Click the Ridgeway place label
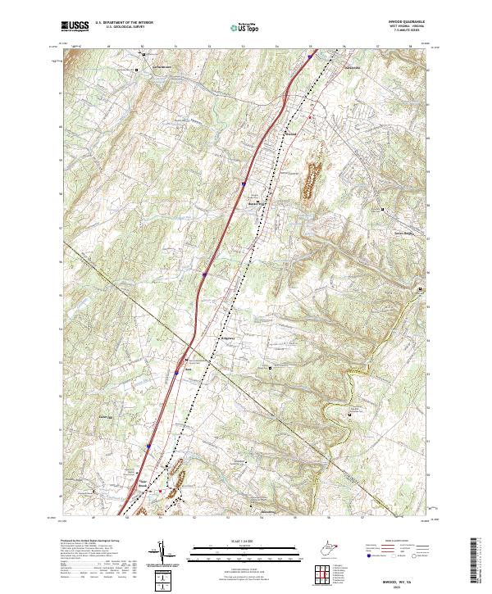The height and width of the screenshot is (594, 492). pos(227,337)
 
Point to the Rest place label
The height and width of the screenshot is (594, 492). pos(189,368)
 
